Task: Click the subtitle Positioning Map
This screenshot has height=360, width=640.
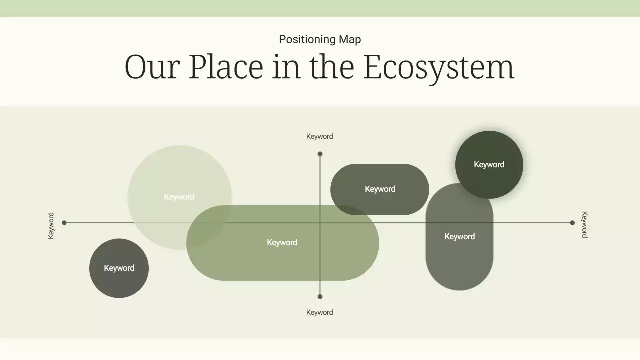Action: [320, 39]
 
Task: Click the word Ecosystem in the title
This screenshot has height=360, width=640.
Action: [438, 67]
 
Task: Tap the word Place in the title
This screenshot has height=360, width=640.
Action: [226, 67]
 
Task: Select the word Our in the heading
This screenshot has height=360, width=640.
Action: [152, 67]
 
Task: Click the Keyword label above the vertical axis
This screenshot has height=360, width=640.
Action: [319, 136]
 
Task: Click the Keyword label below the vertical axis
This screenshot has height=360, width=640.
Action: [319, 312]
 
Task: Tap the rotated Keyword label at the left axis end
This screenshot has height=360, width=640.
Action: [51, 226]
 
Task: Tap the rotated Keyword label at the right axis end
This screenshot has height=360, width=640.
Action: [584, 224]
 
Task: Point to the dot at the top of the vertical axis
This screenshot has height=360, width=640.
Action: [320, 154]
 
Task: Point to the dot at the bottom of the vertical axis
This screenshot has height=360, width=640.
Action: [320, 296]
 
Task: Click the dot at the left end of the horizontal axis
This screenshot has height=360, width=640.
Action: [64, 223]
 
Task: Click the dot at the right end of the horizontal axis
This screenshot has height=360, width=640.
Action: [572, 223]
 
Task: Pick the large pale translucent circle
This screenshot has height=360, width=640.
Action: [165, 175]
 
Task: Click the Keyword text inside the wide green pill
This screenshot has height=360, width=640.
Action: [282, 242]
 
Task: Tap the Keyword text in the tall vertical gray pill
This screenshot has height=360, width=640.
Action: [459, 236]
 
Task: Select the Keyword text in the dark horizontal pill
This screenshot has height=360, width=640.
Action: [380, 189]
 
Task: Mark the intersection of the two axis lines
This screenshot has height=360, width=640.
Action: [320, 223]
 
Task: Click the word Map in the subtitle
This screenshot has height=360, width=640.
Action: [350, 39]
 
